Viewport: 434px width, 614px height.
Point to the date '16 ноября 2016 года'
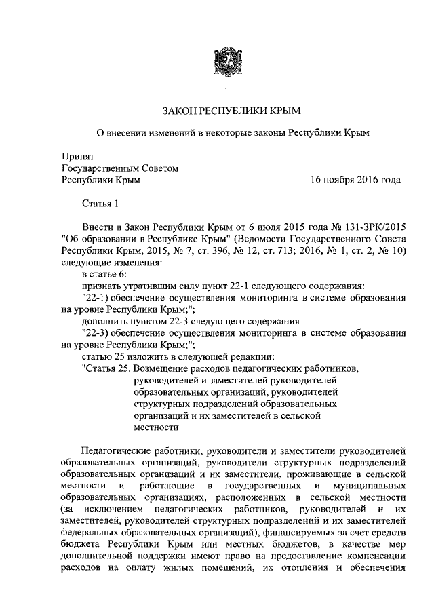[x=355, y=180]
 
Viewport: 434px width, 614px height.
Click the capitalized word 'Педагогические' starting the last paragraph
[x=115, y=450]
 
